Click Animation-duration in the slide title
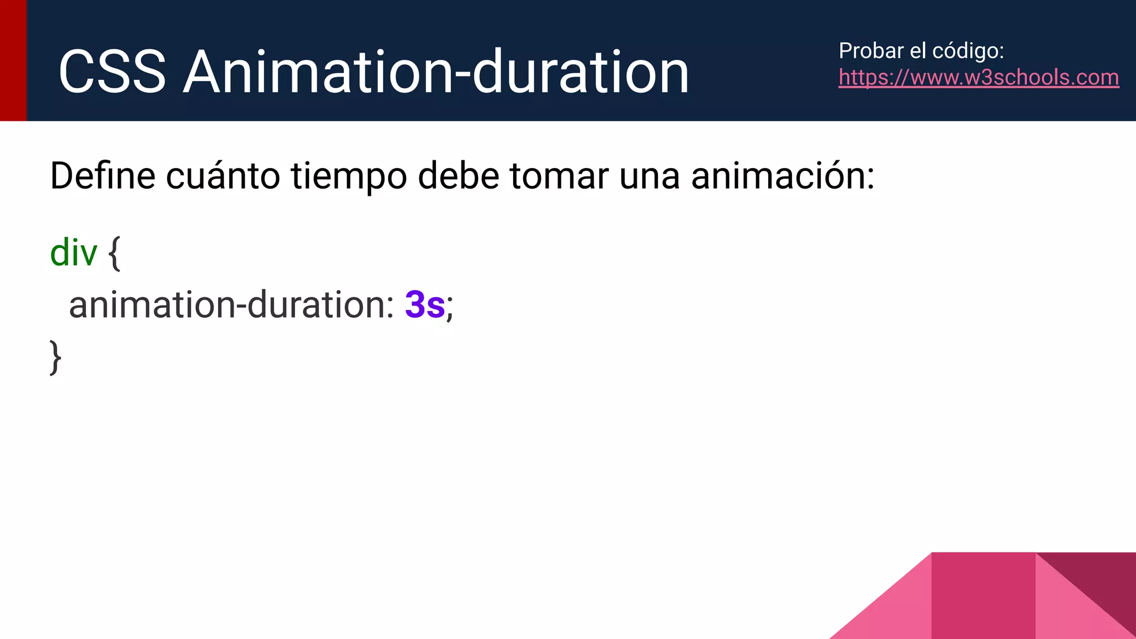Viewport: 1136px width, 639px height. (x=436, y=73)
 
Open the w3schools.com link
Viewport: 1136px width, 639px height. (x=978, y=78)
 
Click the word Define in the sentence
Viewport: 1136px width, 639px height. (x=103, y=176)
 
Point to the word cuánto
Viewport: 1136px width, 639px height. (x=223, y=176)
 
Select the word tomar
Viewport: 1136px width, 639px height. (x=559, y=176)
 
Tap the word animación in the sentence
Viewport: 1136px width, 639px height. (x=782, y=176)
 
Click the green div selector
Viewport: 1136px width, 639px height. (x=73, y=252)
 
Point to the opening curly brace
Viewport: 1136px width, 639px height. (x=114, y=253)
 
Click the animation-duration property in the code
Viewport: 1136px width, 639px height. (x=231, y=305)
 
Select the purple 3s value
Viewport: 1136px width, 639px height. (x=425, y=305)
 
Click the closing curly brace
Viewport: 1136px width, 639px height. (x=55, y=358)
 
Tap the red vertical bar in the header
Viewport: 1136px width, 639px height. (x=13, y=60)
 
